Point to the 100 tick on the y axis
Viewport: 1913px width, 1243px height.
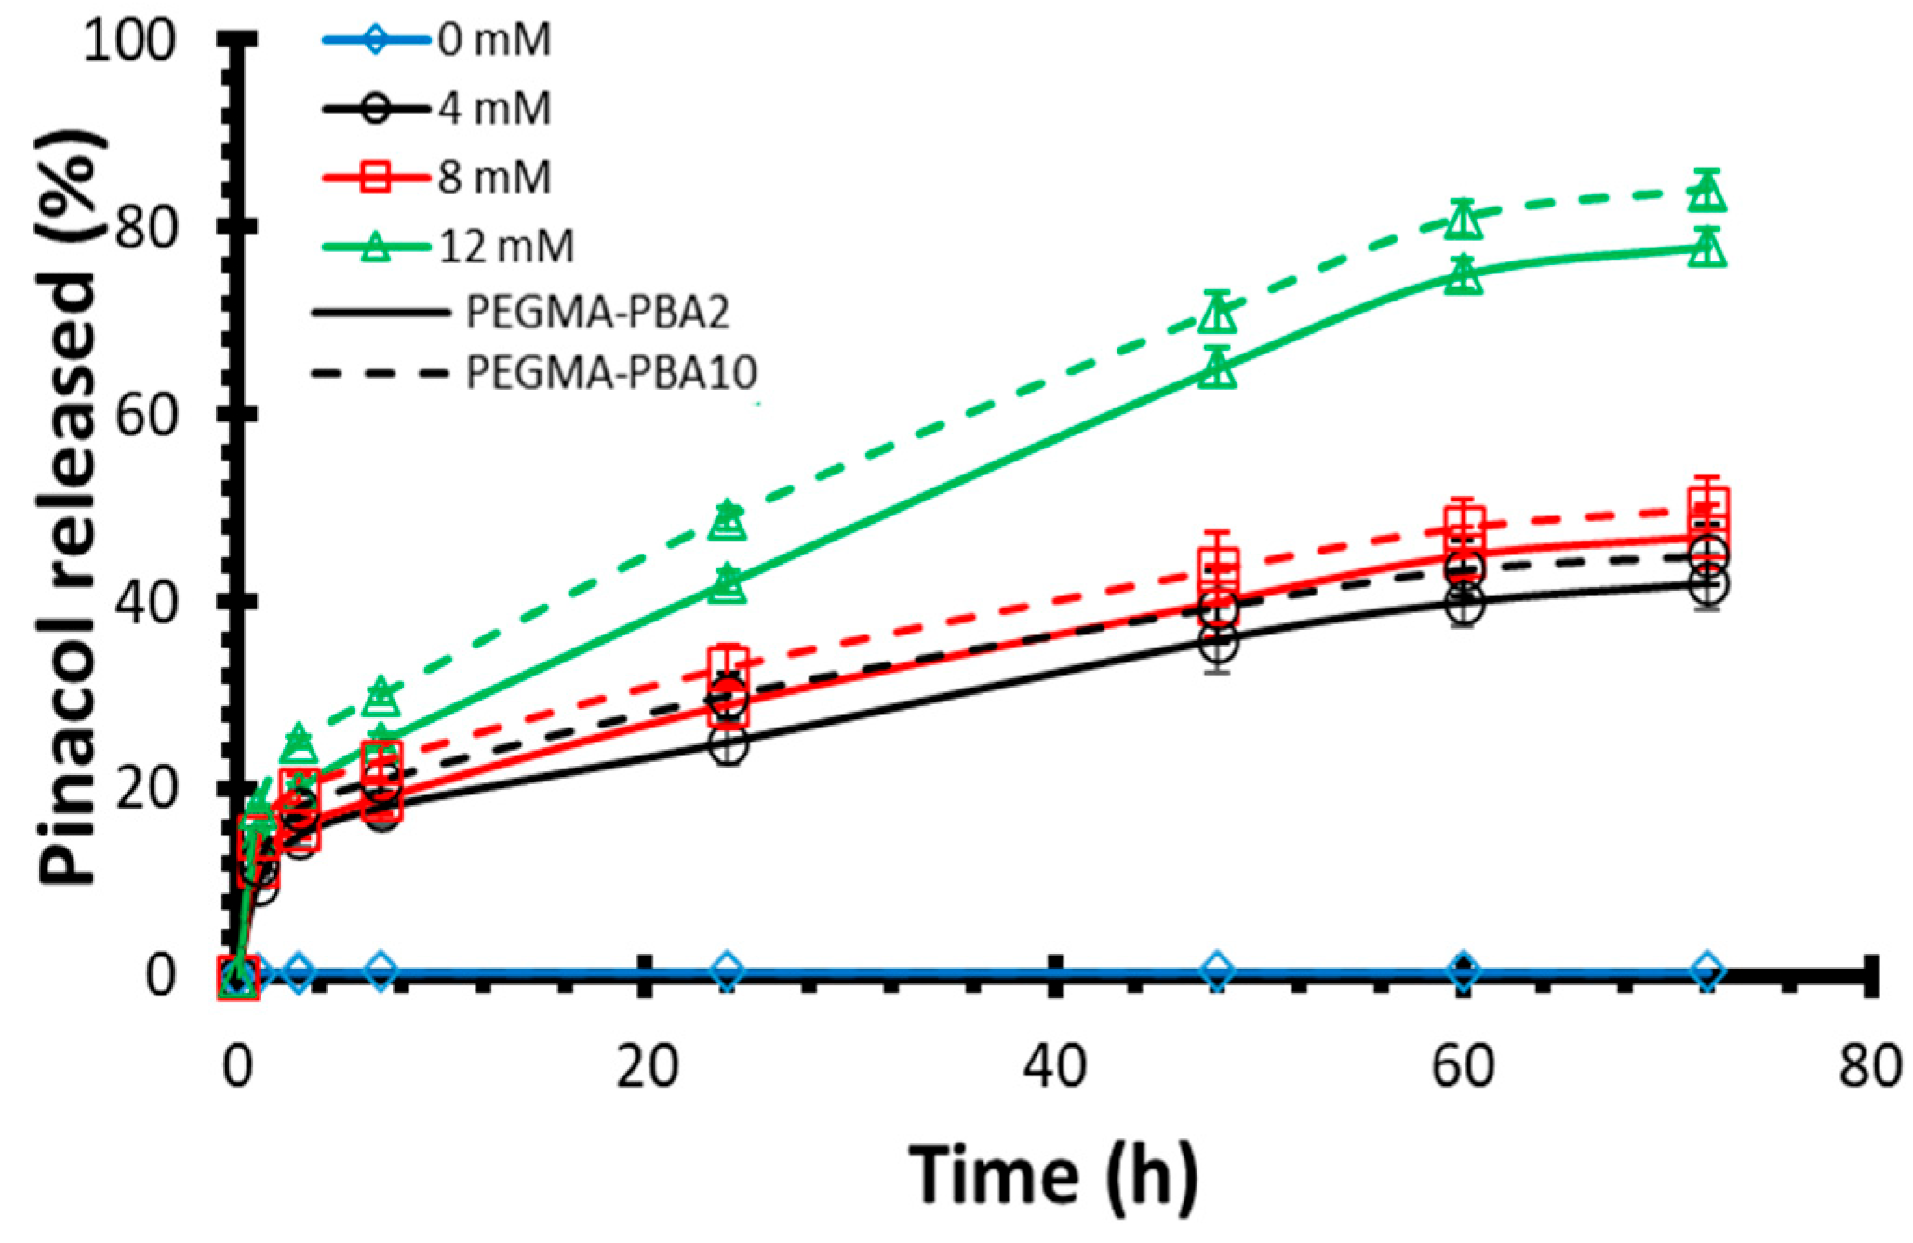pos(129,41)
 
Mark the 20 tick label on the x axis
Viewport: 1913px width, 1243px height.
pos(647,1066)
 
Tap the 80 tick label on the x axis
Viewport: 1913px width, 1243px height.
pos(1868,1066)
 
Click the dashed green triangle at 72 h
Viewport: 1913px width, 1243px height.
pos(1706,194)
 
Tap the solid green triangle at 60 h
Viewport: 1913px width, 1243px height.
pos(1463,276)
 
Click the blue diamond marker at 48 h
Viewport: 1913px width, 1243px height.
pos(1217,971)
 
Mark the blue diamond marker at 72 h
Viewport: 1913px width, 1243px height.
pos(1706,971)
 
